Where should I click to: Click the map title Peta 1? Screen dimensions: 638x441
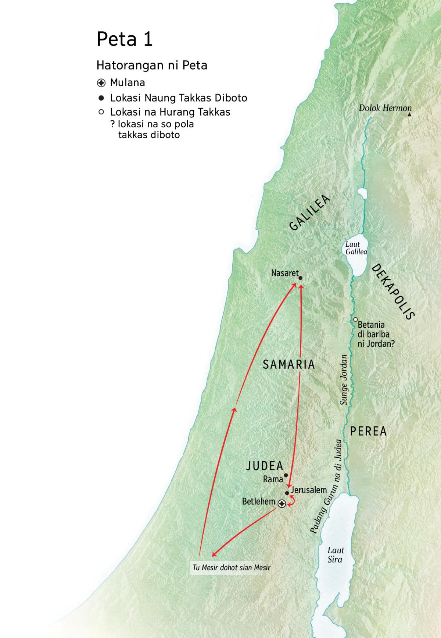click(x=124, y=39)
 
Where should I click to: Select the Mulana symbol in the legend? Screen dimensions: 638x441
click(x=101, y=83)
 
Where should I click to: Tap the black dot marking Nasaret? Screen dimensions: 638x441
click(x=300, y=278)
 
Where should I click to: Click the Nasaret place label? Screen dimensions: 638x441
click(x=284, y=273)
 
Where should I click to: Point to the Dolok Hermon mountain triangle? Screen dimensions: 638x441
click(x=409, y=115)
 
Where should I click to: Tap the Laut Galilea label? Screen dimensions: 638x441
click(x=356, y=248)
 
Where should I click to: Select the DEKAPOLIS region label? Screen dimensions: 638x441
click(x=393, y=292)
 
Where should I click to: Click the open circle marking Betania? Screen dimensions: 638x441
click(x=355, y=320)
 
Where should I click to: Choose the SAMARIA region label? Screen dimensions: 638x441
click(x=289, y=364)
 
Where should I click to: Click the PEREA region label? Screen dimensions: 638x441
click(x=368, y=431)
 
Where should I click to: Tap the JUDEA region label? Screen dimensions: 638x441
click(x=265, y=466)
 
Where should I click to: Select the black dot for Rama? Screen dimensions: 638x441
click(x=286, y=475)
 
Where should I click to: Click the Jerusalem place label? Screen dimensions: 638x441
click(x=308, y=490)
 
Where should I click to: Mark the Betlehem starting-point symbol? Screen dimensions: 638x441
click(x=282, y=504)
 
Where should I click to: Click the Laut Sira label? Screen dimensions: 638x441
click(x=336, y=555)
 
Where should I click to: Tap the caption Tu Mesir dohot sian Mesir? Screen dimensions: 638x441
click(x=231, y=568)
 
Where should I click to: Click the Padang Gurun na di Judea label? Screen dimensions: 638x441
click(x=326, y=487)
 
